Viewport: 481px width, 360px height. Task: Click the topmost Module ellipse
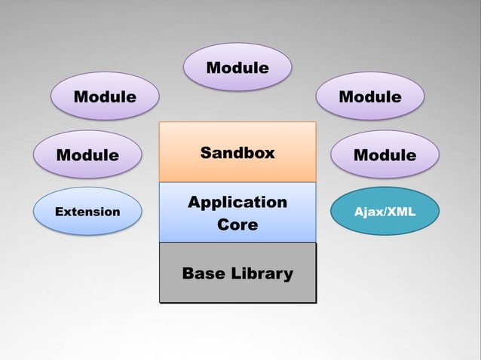click(x=237, y=67)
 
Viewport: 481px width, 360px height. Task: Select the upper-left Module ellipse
click(x=105, y=96)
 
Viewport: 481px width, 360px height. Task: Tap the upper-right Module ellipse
click(x=370, y=96)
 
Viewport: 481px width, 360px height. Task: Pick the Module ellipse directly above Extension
click(x=88, y=154)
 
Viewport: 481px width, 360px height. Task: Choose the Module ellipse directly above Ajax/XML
click(x=384, y=154)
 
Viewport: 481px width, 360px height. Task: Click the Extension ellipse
click(x=88, y=212)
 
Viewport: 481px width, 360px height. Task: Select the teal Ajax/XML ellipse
click(x=384, y=212)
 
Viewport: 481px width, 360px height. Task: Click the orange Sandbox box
click(x=237, y=152)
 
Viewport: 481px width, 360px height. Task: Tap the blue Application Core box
click(x=237, y=212)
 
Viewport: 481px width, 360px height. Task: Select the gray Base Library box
click(x=237, y=273)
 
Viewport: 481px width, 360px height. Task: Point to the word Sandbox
click(x=237, y=153)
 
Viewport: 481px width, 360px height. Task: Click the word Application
click(x=237, y=202)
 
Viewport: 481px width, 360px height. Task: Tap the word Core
click(x=237, y=224)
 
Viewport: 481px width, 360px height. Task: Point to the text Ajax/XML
click(x=384, y=212)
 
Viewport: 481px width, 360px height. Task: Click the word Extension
click(x=88, y=212)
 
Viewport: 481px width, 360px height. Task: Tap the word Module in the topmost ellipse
click(x=237, y=68)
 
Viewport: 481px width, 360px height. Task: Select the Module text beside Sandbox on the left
click(x=88, y=155)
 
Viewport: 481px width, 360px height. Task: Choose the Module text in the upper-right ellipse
click(x=370, y=96)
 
